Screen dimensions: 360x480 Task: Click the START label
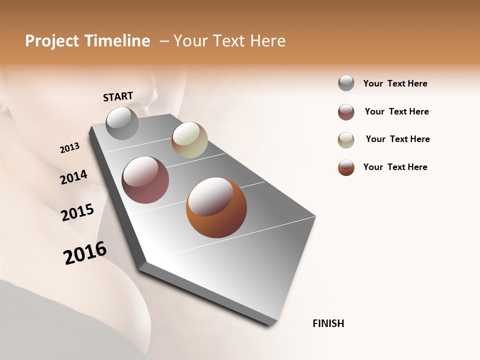118,96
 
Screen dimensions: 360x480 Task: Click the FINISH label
328,323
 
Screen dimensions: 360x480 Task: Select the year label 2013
69,148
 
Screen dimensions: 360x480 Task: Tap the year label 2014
73,177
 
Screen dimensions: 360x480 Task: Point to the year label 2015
77,212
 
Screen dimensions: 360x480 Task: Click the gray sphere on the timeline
122,123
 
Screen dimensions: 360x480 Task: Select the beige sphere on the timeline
189,140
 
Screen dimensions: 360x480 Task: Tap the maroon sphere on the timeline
145,180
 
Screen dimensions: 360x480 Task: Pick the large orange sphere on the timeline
216,207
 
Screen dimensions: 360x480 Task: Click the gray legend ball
346,83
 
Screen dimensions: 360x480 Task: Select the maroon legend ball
346,112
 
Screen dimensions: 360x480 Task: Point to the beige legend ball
346,140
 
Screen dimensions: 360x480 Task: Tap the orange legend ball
346,167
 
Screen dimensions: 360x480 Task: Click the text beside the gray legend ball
395,83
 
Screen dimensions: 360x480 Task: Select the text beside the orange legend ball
395,167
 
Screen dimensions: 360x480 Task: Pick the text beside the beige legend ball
397,139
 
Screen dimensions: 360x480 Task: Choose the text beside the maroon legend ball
396,111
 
